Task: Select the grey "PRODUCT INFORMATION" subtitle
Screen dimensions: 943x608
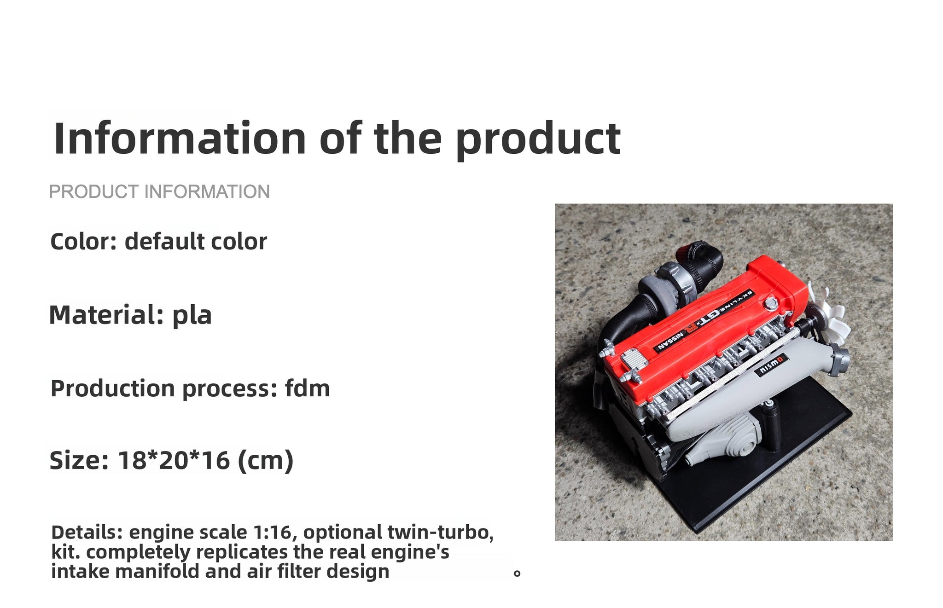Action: tap(159, 191)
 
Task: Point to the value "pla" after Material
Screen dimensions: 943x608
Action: tap(192, 316)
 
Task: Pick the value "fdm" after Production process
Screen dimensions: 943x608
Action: tap(307, 388)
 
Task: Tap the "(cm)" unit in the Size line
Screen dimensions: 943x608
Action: tap(265, 461)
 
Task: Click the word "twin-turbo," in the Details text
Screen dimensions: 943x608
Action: tap(441, 532)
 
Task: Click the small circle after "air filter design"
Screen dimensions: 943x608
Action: tap(517, 573)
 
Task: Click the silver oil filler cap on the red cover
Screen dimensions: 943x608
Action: tap(770, 303)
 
